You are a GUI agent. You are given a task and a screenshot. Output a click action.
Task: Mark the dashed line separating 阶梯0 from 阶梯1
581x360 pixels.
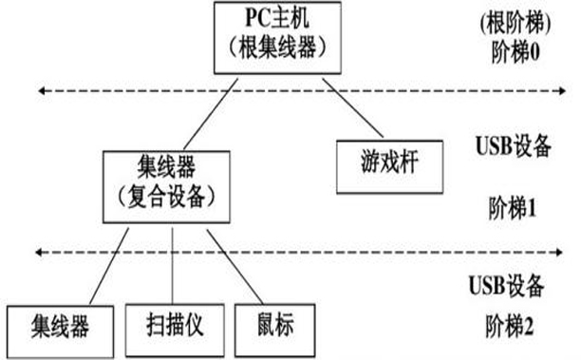(x=285, y=91)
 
